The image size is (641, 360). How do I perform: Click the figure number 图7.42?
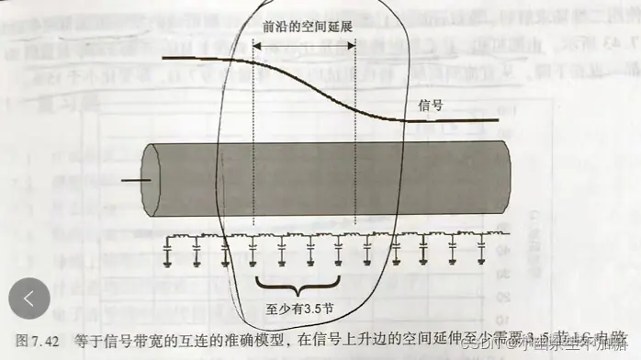coord(37,340)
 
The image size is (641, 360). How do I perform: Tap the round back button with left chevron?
coord(29,298)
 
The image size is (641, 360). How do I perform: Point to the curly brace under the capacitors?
coord(298,281)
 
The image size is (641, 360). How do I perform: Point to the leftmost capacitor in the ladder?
coord(168,251)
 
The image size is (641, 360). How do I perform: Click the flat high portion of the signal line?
coord(202,60)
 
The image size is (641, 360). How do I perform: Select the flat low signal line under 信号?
coord(450,120)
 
